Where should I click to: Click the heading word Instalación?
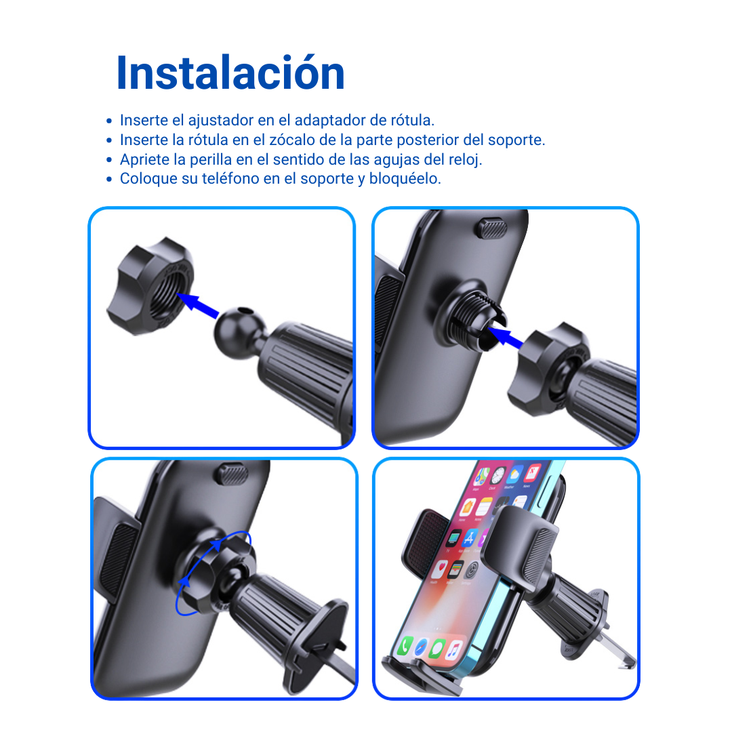click(230, 73)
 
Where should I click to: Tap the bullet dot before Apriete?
click(109, 160)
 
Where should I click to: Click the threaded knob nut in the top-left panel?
click(150, 287)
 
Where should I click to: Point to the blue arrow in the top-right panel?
click(505, 337)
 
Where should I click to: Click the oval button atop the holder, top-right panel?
click(491, 228)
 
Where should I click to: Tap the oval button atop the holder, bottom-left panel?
click(231, 474)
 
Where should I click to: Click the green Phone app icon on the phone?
click(404, 646)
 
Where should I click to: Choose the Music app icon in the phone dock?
click(453, 649)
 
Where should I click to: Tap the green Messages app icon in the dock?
click(437, 648)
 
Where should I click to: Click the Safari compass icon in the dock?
click(421, 647)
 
